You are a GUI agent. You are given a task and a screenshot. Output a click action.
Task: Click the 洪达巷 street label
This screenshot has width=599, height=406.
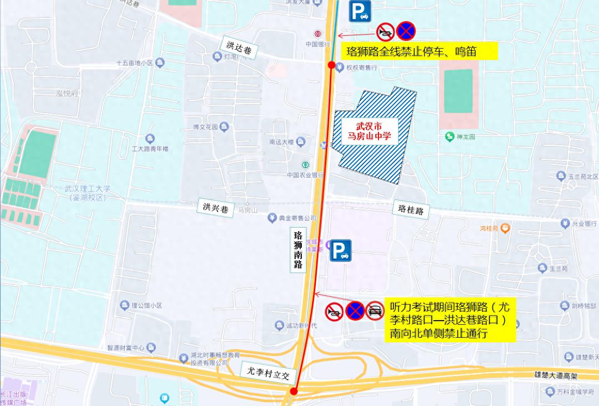[239, 48]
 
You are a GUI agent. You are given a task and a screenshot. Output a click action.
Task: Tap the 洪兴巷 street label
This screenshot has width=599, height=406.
[215, 208]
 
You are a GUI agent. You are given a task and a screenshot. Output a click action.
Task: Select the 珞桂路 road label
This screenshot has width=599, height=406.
[411, 210]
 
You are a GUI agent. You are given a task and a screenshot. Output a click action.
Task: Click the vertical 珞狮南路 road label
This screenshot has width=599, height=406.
[298, 249]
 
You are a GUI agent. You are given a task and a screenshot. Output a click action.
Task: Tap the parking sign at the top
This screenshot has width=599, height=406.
[360, 11]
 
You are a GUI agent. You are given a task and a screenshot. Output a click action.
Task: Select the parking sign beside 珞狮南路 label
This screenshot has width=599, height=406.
[341, 251]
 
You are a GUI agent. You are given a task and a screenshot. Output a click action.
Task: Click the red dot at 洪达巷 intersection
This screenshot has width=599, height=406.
[331, 65]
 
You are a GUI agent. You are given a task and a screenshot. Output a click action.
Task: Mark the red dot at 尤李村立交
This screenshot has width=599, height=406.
[294, 391]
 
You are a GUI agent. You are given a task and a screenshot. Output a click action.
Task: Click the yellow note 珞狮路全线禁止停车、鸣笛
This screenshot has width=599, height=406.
[418, 51]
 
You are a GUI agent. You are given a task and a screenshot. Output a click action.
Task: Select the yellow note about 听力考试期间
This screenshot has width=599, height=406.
[449, 320]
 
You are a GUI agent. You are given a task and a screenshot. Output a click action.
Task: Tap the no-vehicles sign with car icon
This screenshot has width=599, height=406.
[375, 311]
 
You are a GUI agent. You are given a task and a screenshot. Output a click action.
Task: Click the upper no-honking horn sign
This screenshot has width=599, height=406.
[385, 32]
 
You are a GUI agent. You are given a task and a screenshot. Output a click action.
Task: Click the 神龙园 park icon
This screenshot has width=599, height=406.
[449, 137]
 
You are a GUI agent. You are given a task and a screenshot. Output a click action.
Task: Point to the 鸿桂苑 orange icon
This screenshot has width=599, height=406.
[505, 228]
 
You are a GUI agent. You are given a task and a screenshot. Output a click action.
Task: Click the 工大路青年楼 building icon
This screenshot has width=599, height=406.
[150, 139]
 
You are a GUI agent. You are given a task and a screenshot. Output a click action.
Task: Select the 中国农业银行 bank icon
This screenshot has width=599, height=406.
[305, 165]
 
